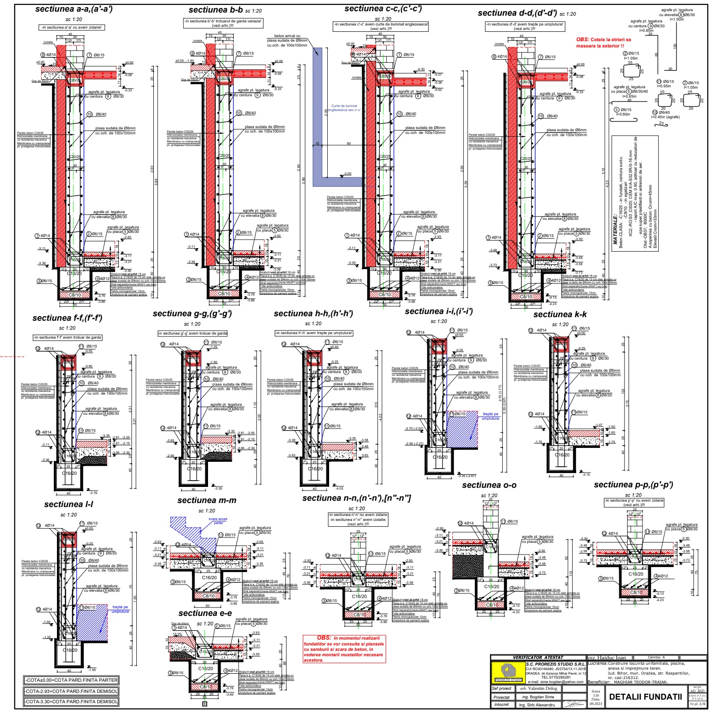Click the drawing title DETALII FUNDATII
[x=645, y=697]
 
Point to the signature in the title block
[x=574, y=705]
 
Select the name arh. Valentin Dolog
[x=538, y=688]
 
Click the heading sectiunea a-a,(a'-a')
[x=74, y=9]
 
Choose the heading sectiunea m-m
[x=207, y=500]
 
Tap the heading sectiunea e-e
[x=205, y=613]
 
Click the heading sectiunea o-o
[x=489, y=485]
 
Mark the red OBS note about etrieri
[x=603, y=43]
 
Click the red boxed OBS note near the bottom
[x=344, y=649]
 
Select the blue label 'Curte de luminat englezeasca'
[x=344, y=108]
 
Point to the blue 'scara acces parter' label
[x=218, y=521]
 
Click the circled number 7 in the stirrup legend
[x=685, y=83]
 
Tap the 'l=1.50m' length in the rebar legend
[x=677, y=19]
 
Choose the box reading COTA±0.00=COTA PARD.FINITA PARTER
[x=71, y=680]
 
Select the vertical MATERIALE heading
[x=615, y=229]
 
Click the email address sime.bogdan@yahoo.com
[x=562, y=682]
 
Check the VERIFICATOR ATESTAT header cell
[x=538, y=658]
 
